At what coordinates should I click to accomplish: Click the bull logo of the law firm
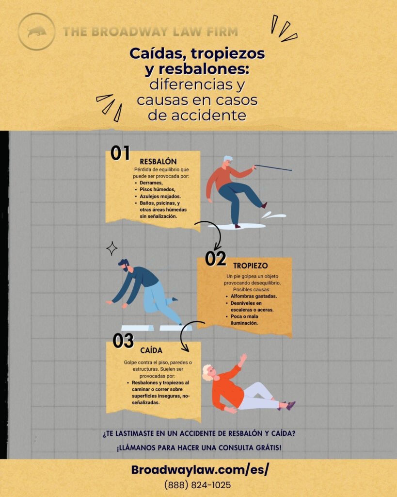pyautogui.click(x=36, y=32)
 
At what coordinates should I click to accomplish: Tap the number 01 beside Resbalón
pyautogui.click(x=120, y=153)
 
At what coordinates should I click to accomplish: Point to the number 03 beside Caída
pyautogui.click(x=123, y=341)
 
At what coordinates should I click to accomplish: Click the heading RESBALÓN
pyautogui.click(x=158, y=161)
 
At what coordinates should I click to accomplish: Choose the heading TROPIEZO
pyautogui.click(x=250, y=266)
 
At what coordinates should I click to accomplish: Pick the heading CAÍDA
pyautogui.click(x=151, y=350)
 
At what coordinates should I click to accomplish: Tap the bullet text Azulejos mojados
pyautogui.click(x=160, y=196)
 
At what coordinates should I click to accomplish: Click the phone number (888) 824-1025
pyautogui.click(x=197, y=485)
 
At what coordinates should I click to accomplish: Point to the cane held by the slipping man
pyautogui.click(x=273, y=168)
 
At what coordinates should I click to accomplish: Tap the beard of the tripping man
pyautogui.click(x=126, y=268)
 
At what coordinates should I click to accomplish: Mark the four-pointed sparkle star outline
pyautogui.click(x=112, y=249)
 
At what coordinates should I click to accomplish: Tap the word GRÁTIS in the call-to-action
pyautogui.click(x=265, y=447)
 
